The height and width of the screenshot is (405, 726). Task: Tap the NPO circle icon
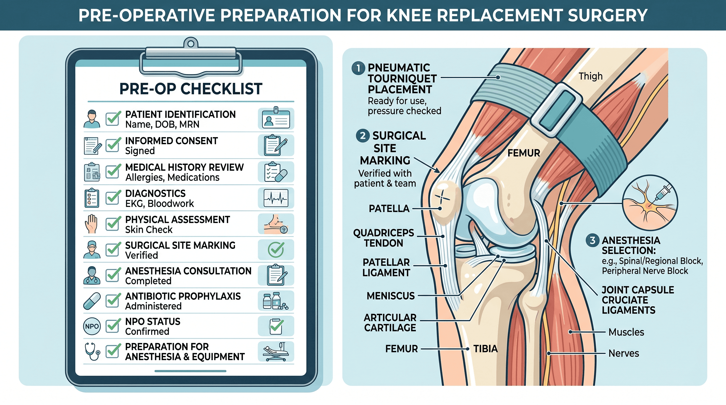(92, 326)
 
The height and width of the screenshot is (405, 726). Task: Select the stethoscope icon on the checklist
(92, 351)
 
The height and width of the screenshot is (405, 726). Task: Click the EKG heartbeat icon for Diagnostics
(276, 198)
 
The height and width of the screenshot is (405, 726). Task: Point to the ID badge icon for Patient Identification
(276, 118)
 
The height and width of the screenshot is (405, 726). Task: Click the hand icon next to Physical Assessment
(91, 224)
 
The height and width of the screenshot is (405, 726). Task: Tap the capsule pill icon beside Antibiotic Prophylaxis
(92, 301)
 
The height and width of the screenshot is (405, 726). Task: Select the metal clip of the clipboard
(191, 59)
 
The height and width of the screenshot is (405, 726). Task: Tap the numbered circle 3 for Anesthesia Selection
(593, 240)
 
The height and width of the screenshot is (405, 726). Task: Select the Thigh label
(590, 76)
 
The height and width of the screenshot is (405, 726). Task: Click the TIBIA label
(485, 349)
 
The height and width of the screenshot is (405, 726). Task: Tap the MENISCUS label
(391, 296)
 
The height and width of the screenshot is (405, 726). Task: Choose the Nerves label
(623, 353)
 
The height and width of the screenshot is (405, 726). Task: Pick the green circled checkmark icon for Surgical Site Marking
(276, 249)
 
